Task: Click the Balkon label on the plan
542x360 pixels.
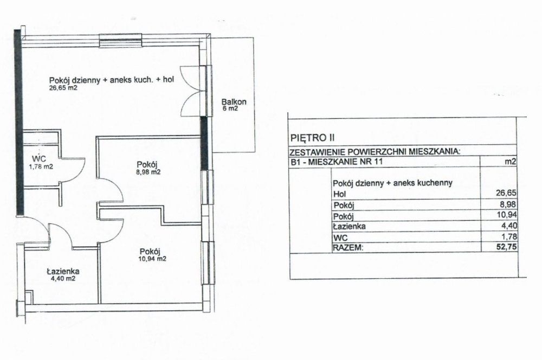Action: click(x=234, y=102)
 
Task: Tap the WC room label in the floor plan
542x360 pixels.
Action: click(x=38, y=159)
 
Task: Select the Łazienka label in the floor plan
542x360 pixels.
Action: click(x=63, y=272)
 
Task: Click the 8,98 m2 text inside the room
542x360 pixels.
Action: click(x=149, y=172)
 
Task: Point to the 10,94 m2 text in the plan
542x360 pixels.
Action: click(x=153, y=259)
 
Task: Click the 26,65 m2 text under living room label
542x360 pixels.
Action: click(x=63, y=88)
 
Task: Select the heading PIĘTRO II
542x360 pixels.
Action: click(x=313, y=138)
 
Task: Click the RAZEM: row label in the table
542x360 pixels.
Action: click(x=348, y=248)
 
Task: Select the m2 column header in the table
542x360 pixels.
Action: click(x=511, y=162)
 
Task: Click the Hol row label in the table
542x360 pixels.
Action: click(x=339, y=194)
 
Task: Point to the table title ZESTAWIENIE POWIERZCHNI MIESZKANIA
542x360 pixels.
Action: click(x=375, y=151)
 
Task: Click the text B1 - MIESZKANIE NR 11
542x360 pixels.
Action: click(x=336, y=162)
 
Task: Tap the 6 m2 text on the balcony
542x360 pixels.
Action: click(x=230, y=108)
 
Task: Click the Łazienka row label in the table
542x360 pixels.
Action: click(x=349, y=227)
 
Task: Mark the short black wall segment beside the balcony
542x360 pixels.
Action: click(x=205, y=143)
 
